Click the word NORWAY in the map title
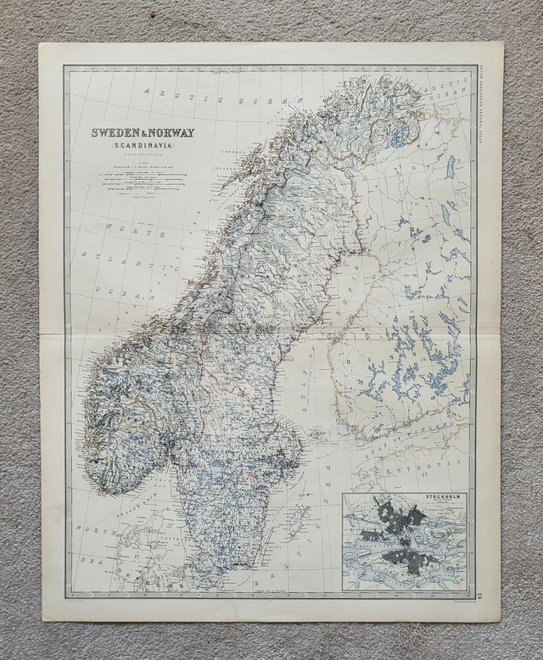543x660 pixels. pyautogui.click(x=171, y=133)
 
